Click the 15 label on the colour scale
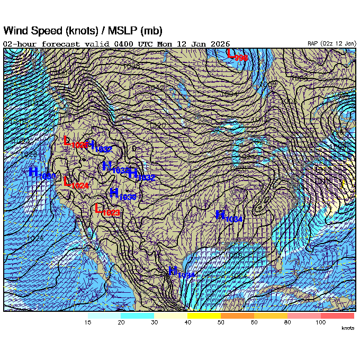88,322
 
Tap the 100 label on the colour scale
320,322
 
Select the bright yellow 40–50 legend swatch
204,316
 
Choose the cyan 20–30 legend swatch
137,316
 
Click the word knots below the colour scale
347,329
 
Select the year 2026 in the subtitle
220,43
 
